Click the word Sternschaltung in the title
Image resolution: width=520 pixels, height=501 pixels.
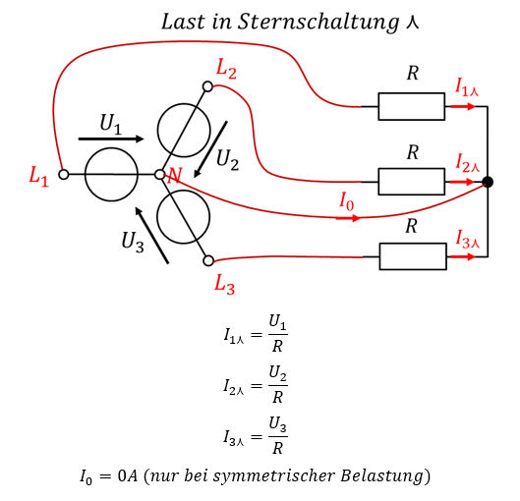(x=318, y=23)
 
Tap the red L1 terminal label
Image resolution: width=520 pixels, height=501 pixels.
(x=38, y=176)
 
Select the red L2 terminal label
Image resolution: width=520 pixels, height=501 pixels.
(x=226, y=69)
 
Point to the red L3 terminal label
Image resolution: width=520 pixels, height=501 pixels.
(x=224, y=284)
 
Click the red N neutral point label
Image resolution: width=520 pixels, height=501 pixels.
(x=174, y=176)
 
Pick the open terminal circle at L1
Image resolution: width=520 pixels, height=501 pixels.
(x=63, y=174)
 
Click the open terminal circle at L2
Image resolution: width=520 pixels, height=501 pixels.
(x=207, y=86)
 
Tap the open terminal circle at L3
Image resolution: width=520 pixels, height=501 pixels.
(x=208, y=260)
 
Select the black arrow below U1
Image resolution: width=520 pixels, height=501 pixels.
(x=111, y=139)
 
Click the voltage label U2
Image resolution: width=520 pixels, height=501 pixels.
(x=227, y=160)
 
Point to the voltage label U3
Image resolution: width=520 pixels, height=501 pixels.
(x=133, y=243)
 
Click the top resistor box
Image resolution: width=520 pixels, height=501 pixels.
(x=412, y=106)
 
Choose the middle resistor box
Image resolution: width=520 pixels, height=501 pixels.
(x=412, y=182)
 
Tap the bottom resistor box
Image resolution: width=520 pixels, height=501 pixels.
(x=413, y=256)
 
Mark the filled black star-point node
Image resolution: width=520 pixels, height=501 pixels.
(x=488, y=182)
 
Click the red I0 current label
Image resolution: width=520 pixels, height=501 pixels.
(x=347, y=201)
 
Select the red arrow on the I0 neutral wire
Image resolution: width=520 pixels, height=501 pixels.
(x=348, y=218)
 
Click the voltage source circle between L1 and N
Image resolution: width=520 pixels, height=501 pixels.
(x=111, y=175)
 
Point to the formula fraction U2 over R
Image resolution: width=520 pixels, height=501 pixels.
(x=277, y=385)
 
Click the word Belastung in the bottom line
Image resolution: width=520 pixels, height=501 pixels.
(x=381, y=476)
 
